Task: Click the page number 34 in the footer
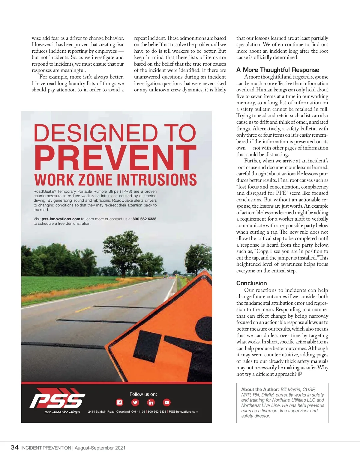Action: point(14,448)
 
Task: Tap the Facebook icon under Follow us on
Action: point(119,402)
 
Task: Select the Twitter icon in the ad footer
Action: point(135,402)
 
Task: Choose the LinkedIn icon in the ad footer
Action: point(151,402)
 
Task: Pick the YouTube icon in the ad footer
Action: point(166,402)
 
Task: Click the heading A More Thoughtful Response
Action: point(277,70)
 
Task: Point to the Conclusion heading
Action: point(251,283)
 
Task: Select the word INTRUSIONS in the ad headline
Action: point(156,180)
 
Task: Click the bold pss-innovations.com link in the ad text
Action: point(61,219)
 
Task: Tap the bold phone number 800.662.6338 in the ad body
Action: point(144,219)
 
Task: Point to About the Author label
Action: point(260,390)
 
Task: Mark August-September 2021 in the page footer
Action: point(100,448)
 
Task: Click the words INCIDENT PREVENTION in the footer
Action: point(46,448)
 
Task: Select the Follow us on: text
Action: point(143,394)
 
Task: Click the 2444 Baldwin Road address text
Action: point(116,412)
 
